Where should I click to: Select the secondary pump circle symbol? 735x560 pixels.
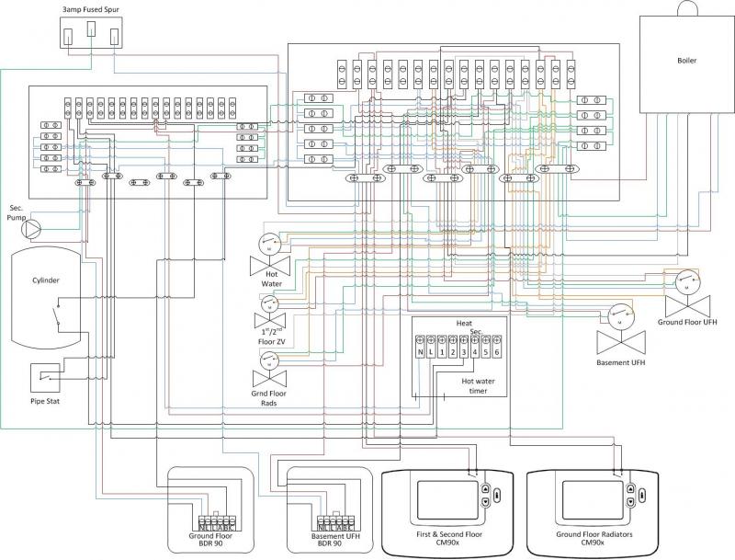(34, 227)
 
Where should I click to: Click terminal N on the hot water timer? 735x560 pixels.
(420, 352)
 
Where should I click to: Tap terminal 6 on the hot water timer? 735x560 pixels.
(496, 352)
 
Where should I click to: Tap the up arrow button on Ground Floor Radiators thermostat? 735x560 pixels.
(631, 490)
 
